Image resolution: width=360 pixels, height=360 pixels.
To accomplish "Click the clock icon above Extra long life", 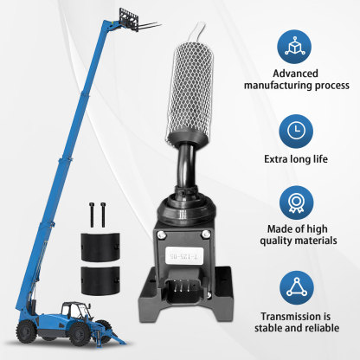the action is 296,131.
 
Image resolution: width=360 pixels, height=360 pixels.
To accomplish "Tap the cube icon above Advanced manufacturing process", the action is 294,47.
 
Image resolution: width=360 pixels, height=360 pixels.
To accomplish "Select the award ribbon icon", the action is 296,202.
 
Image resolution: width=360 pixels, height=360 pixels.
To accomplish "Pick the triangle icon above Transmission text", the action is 297,287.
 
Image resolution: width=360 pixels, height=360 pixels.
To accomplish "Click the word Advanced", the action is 295,74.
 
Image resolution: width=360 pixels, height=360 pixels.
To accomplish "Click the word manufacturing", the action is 278,86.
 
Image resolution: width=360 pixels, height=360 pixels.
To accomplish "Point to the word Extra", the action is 274,159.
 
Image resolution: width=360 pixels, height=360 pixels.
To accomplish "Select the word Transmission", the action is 296,316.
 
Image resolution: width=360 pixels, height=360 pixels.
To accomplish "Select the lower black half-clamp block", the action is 100,280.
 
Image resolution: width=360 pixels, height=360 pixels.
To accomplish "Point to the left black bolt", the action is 92,215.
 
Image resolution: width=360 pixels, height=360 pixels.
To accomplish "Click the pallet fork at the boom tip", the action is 137,21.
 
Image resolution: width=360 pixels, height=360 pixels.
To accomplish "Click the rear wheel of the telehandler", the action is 27,331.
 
